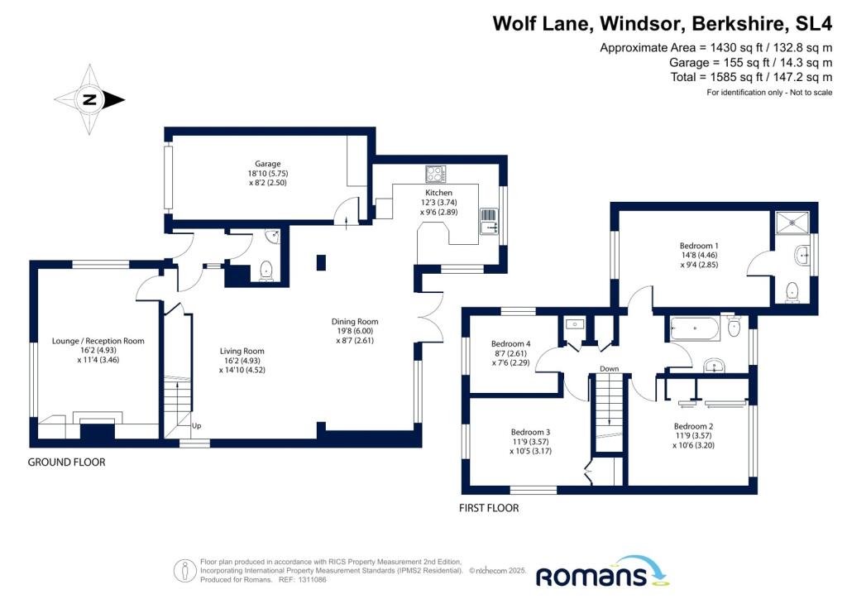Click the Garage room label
pos(268,164)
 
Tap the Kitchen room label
pos(438,192)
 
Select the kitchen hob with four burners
pos(435,174)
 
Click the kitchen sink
pos(489,222)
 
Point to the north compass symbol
pos(89,99)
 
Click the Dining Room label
pos(355,321)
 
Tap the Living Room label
pos(242,351)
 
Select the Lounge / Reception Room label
pos(98,341)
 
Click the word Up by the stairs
pos(197,425)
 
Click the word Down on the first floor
pos(610,368)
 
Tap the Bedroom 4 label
pos(510,343)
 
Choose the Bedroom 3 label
pos(530,432)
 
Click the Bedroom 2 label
pos(694,426)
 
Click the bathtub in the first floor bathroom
pos(695,328)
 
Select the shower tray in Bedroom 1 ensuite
pos(792,222)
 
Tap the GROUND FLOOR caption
pos(66,462)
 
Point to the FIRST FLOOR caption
pos(489,508)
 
